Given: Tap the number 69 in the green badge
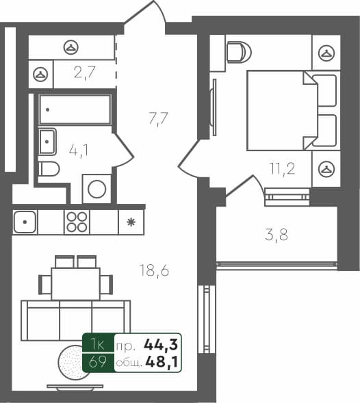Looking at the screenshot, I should point(97,362).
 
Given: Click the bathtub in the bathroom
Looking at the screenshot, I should point(75,109).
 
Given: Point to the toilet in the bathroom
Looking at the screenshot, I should point(49,169).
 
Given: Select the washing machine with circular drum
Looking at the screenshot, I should point(97,188).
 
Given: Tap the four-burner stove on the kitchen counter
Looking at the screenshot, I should point(77,222).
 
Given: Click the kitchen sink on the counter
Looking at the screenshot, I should point(25,222).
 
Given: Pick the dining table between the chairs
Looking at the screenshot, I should point(75,283).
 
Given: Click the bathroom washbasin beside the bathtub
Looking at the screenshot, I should point(47,142).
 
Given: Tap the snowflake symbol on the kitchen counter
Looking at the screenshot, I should point(130,222).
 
